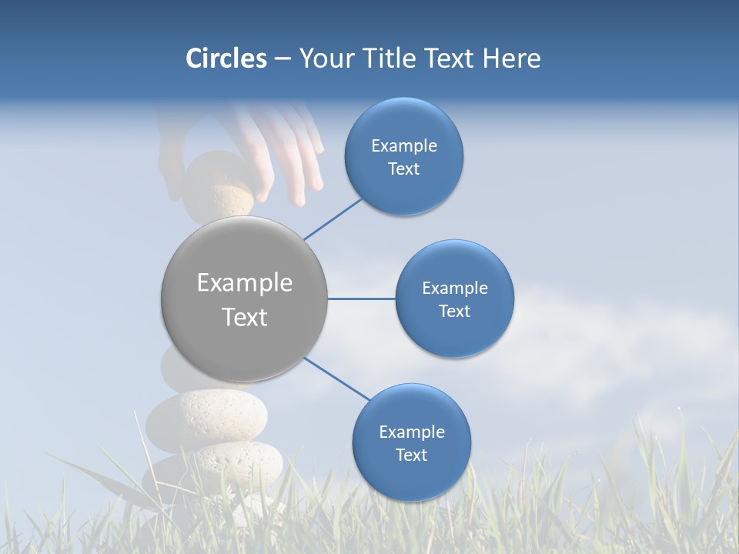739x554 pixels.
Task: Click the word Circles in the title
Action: [226, 58]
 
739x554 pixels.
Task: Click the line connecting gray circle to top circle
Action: [333, 219]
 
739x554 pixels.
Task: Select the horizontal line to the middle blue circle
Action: [361, 299]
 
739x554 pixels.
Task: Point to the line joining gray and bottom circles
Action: [337, 378]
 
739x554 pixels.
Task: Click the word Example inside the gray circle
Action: [244, 283]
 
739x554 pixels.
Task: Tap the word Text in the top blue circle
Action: [403, 169]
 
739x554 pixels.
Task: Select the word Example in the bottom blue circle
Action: [411, 432]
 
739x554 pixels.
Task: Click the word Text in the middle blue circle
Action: [454, 311]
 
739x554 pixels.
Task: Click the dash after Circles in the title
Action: [282, 59]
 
